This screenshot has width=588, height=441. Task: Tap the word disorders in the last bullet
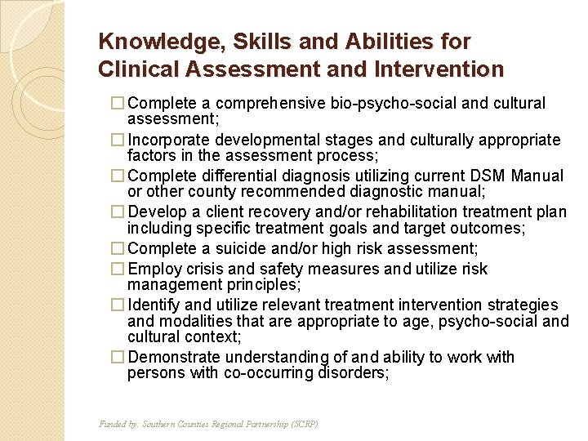355,372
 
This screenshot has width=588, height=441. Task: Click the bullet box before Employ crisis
119,269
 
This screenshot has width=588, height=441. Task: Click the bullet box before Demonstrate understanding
119,358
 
